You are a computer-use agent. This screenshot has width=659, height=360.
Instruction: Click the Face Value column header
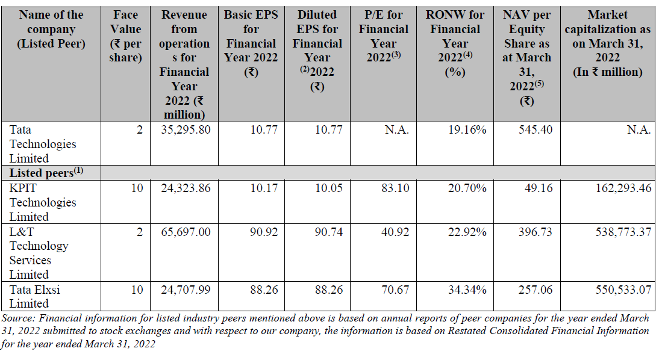point(125,36)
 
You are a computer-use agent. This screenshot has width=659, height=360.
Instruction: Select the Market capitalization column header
point(607,43)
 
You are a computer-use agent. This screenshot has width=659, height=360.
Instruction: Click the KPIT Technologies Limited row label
point(42,202)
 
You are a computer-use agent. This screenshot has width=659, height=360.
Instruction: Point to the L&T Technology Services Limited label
point(39,253)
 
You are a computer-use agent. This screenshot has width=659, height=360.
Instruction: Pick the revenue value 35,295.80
point(186,129)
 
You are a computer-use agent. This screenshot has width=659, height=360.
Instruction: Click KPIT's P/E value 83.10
point(395,188)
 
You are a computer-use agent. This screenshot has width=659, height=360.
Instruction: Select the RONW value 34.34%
point(467,290)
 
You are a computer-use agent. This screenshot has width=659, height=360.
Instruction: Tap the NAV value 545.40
point(535,129)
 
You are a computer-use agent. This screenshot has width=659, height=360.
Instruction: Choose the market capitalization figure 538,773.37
point(623,232)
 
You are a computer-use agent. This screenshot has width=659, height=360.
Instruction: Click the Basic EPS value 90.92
point(264,232)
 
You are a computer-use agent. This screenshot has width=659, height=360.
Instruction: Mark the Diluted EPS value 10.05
point(329,188)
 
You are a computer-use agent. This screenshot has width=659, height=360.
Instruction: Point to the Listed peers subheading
point(46,173)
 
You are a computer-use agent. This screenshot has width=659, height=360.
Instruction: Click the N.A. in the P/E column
point(397,129)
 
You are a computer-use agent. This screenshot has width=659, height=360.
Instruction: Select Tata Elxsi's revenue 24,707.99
point(186,290)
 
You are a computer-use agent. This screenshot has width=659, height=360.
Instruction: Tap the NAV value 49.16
point(539,188)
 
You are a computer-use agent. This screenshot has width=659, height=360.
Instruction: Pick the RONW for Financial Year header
point(455,43)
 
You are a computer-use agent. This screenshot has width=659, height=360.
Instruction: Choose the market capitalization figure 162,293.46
point(623,188)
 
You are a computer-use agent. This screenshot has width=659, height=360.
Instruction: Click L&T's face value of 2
point(140,232)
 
